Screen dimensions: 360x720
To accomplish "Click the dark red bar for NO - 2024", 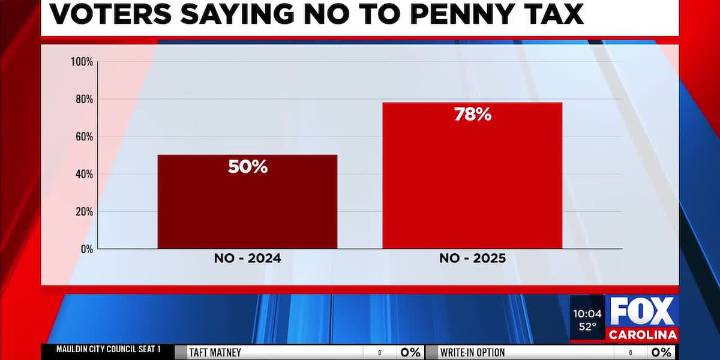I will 247,210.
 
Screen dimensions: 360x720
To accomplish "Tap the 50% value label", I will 248,167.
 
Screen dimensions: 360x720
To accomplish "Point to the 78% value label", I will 472,115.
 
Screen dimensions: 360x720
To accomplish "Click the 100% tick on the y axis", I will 82,62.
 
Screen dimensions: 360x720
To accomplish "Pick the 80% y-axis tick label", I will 84,99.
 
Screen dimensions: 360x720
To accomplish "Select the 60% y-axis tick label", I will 84,136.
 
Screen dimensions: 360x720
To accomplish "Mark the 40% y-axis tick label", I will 84,174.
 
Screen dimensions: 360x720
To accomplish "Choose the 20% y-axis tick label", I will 84,211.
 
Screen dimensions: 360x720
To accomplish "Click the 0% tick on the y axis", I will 87,248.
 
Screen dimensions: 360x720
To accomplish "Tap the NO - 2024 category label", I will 247,259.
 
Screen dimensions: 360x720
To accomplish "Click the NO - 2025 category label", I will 472,259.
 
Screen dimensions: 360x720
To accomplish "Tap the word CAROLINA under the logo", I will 642,333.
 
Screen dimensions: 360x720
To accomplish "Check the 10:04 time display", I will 587,313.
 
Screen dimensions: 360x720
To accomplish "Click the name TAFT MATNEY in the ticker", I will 215,353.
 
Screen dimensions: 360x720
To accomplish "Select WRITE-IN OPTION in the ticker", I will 473,353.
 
